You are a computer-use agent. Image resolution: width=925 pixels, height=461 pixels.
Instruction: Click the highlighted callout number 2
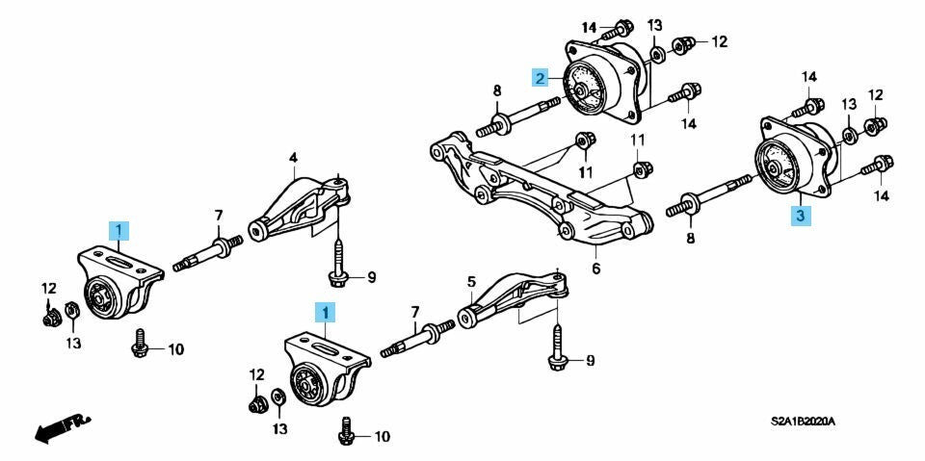(541, 78)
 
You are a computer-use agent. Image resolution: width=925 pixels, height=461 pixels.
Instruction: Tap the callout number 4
(293, 157)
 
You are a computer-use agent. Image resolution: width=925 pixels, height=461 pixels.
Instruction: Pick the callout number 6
(595, 269)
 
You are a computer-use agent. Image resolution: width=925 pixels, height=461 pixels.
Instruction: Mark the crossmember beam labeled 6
(540, 188)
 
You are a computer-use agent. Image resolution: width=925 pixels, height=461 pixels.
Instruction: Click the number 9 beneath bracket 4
(371, 278)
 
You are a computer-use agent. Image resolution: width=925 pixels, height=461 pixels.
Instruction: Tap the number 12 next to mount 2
(719, 41)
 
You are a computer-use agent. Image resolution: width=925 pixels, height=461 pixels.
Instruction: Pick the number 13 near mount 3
(849, 103)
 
